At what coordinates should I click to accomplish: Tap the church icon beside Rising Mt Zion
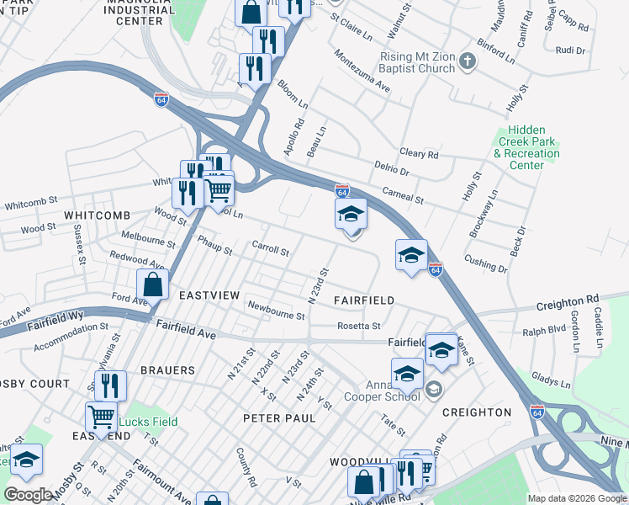click(x=469, y=61)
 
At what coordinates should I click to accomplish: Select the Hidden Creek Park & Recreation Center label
click(x=526, y=148)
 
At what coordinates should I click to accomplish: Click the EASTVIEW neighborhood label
click(x=209, y=295)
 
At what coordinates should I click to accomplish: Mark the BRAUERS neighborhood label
click(x=167, y=370)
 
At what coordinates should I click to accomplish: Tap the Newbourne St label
click(x=276, y=311)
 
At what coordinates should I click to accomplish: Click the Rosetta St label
click(x=359, y=326)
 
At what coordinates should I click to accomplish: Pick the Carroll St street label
click(x=271, y=250)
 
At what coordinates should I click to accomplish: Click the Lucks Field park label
click(x=147, y=422)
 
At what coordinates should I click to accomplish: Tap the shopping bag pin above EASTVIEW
click(x=152, y=284)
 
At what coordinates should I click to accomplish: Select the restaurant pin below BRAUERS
click(x=110, y=385)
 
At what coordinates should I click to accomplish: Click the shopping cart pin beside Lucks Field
click(x=101, y=416)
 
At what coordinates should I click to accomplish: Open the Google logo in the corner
click(x=28, y=495)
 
